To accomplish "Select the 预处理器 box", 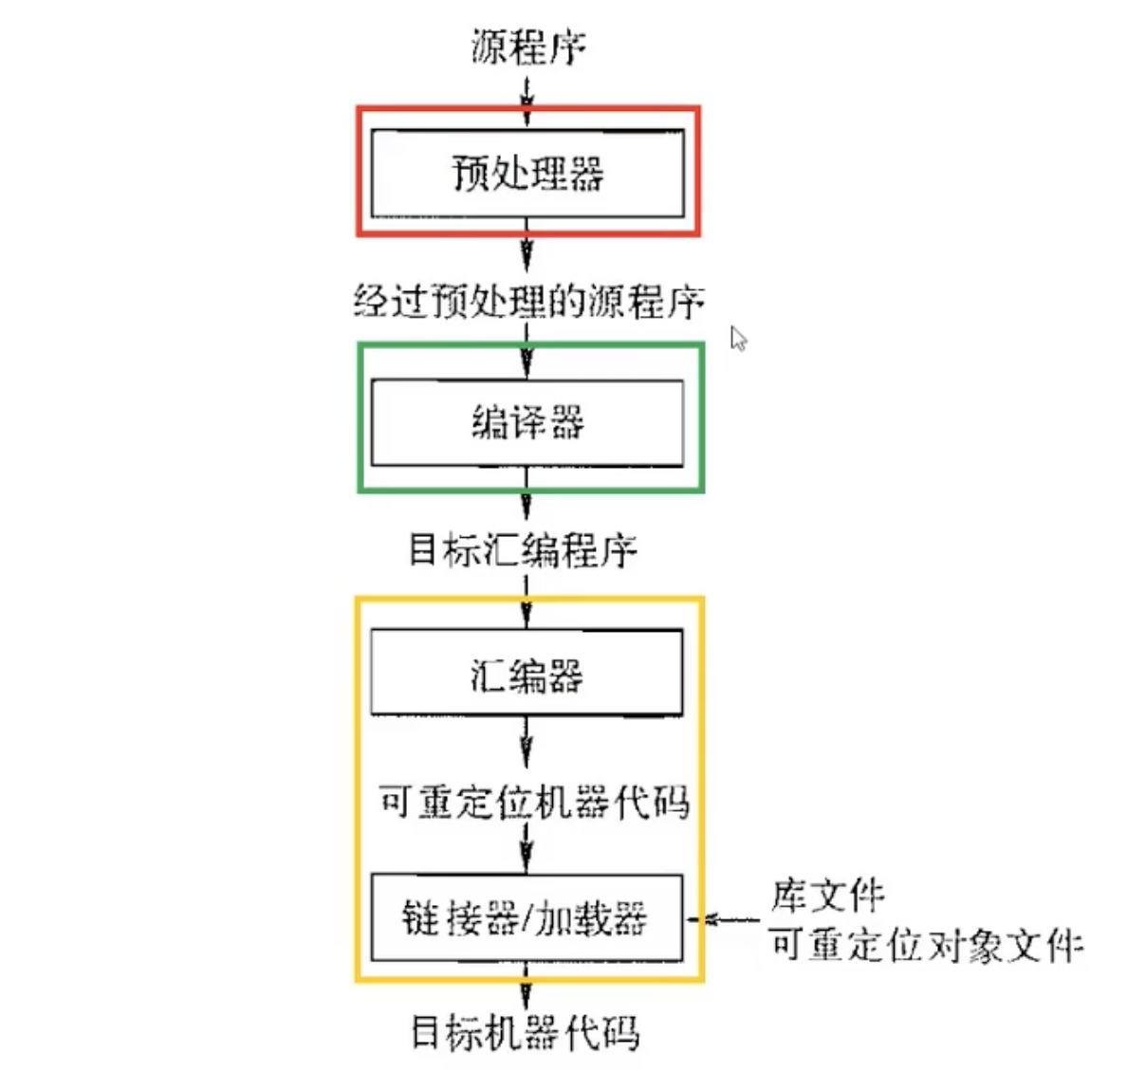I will click(527, 174).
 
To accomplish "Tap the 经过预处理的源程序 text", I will click(528, 302).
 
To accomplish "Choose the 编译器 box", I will click(527, 423).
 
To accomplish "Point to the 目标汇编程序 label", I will click(523, 550).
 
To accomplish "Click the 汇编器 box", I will click(527, 673).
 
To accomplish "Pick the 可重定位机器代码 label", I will click(533, 803).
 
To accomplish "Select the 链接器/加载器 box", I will click(527, 918).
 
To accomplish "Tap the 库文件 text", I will click(827, 894).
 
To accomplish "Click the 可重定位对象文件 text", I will click(926, 945).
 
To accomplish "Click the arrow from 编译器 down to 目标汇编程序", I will click(527, 498).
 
